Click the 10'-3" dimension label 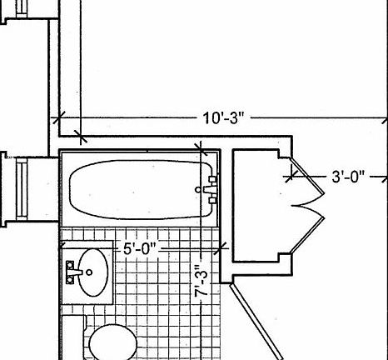[x=224, y=117]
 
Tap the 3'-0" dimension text [x=348, y=177]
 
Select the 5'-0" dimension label [x=140, y=248]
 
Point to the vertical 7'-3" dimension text [x=201, y=281]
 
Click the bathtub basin [x=140, y=189]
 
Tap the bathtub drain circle [x=198, y=190]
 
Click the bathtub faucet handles [x=211, y=190]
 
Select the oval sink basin [x=92, y=272]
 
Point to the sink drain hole [x=89, y=272]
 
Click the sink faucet [x=72, y=272]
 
